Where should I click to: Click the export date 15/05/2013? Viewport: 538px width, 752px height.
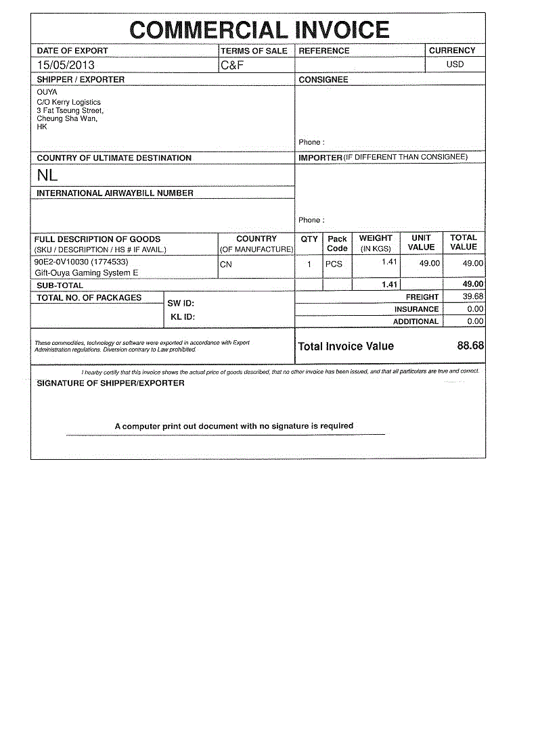tap(66, 66)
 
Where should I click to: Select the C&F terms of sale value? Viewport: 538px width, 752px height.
tap(232, 66)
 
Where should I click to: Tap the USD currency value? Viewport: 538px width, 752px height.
tap(455, 65)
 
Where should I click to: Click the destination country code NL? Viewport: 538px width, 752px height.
tap(47, 175)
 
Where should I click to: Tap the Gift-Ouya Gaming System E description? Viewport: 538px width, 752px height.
tap(86, 273)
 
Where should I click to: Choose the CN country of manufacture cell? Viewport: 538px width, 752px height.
tap(226, 264)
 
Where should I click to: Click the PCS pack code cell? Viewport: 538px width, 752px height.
tap(334, 264)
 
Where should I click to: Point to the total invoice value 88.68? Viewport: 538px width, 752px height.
tap(470, 346)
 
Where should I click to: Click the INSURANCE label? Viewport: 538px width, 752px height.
tap(416, 309)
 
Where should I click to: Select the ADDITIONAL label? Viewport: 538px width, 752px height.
tap(416, 322)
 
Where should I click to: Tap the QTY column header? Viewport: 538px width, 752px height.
tap(309, 239)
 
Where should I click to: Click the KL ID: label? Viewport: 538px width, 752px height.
tap(183, 317)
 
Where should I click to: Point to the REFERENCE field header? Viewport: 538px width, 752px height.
tap(324, 51)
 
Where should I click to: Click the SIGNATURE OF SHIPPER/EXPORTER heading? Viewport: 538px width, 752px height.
tap(110, 383)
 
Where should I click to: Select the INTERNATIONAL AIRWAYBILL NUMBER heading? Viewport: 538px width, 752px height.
tap(115, 193)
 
